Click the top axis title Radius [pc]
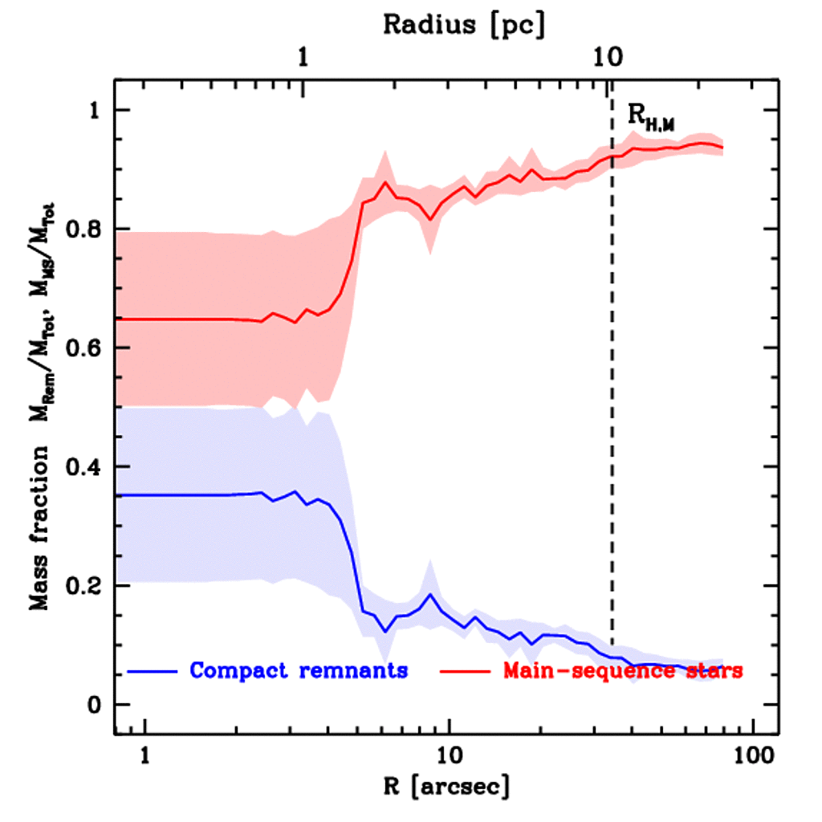463,26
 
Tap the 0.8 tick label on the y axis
79,229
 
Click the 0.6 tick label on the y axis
79,348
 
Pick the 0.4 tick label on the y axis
79,466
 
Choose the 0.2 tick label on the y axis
79,585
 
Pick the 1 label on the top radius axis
303,58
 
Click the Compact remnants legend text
299,670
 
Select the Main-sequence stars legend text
622,670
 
